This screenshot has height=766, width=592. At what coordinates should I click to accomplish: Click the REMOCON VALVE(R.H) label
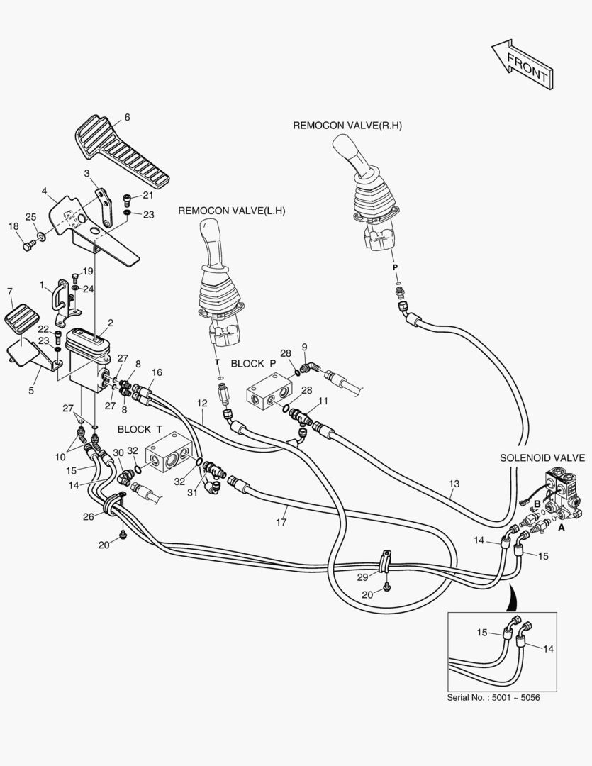(347, 126)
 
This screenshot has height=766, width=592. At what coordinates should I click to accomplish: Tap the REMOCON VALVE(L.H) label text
(231, 211)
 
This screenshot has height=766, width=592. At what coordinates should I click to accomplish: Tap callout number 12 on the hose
(202, 404)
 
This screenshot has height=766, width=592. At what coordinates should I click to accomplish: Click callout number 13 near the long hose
(454, 484)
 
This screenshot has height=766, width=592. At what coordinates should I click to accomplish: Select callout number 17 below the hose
(281, 523)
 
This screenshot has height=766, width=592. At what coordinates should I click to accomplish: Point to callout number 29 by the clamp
(363, 576)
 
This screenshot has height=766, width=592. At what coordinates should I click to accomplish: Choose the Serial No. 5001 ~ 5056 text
(493, 698)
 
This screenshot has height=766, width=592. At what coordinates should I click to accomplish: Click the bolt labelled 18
(29, 245)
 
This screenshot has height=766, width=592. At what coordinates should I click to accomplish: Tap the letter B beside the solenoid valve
(537, 503)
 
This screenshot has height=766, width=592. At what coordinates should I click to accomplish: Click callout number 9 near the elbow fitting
(304, 347)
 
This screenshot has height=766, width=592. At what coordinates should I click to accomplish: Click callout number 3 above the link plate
(86, 173)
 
